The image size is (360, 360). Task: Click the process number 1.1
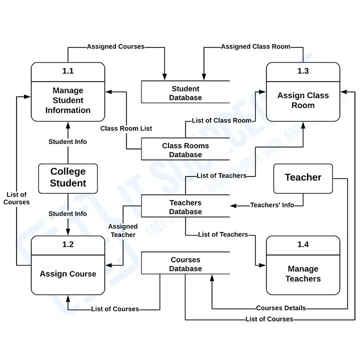tap(68, 71)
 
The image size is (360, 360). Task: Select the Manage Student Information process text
tap(68, 100)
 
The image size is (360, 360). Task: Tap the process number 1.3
tap(303, 71)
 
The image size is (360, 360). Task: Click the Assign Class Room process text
tap(303, 100)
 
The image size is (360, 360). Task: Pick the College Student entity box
tap(68, 177)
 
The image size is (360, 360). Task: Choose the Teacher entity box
tap(303, 177)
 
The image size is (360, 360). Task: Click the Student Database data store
tap(185, 93)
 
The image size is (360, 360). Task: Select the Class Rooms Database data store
tap(185, 150)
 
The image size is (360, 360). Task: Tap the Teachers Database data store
tap(185, 207)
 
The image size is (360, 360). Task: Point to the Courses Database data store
tap(185, 264)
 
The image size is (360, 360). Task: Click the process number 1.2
tap(68, 244)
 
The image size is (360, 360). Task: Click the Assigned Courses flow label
tap(115, 46)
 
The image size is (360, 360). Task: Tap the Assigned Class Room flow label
tap(255, 46)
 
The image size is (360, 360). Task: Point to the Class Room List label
tap(126, 128)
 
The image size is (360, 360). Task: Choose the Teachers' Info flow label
tap(272, 205)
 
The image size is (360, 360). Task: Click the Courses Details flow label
tap(281, 308)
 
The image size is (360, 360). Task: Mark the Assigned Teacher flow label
tap(123, 230)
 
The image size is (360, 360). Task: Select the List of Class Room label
tap(221, 120)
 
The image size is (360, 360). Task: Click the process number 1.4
tap(303, 244)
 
